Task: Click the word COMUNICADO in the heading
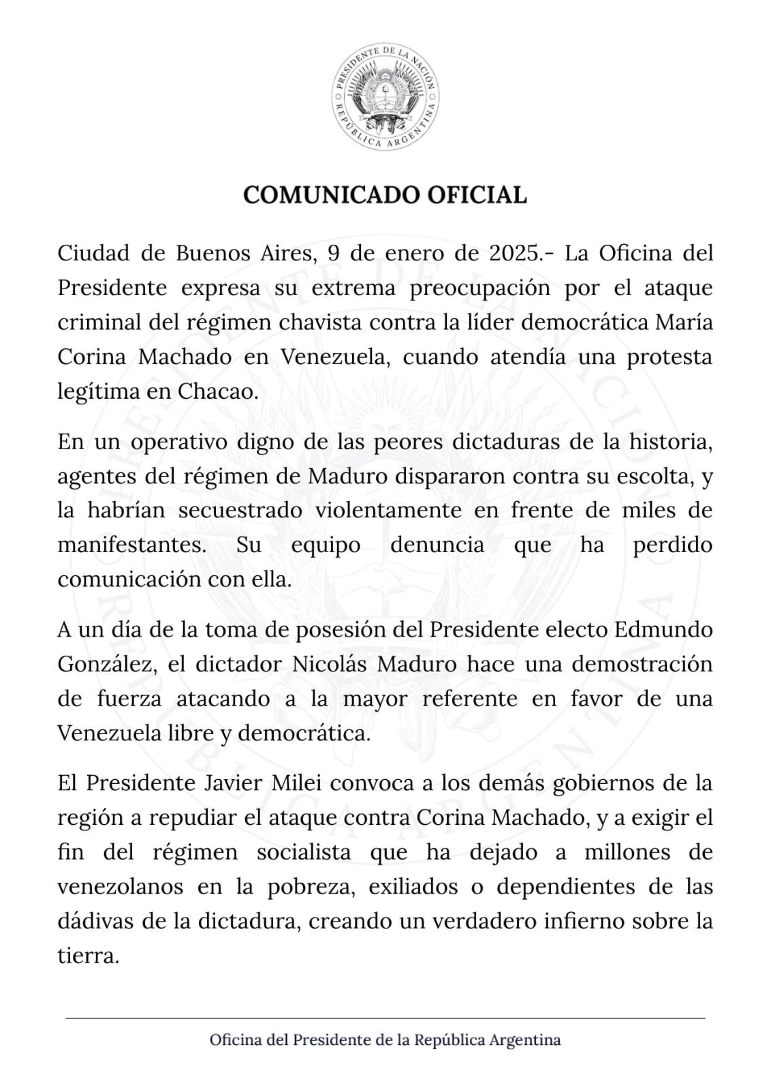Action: pyautogui.click(x=331, y=195)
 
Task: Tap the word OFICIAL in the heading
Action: pyautogui.click(x=477, y=195)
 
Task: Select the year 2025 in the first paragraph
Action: pyautogui.click(x=516, y=253)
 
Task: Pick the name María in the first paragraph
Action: pyautogui.click(x=684, y=322)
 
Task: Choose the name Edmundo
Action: pyautogui.click(x=663, y=629)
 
